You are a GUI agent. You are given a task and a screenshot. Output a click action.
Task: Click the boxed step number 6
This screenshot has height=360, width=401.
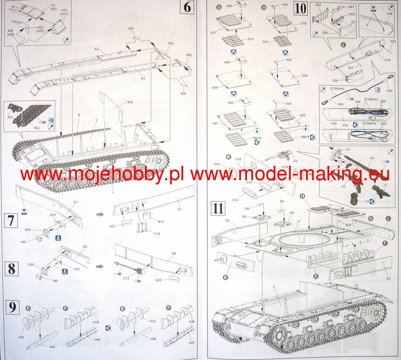(x=187, y=7)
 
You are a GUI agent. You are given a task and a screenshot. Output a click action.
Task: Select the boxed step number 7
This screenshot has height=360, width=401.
(x=11, y=221)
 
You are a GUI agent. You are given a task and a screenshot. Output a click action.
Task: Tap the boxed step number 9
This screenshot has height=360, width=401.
(x=12, y=307)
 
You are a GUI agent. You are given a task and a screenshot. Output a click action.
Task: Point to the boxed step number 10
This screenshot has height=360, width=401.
(x=300, y=8)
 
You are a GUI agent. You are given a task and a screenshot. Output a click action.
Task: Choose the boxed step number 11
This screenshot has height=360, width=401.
(x=218, y=208)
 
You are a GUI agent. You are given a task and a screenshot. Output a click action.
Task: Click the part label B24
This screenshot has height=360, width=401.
(x=130, y=102)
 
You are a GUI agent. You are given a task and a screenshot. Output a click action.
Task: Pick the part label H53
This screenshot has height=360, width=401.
(x=170, y=43)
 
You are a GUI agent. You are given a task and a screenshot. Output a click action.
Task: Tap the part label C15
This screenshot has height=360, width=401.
(x=157, y=234)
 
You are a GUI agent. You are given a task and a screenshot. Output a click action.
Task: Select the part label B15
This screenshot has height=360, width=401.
(x=161, y=221)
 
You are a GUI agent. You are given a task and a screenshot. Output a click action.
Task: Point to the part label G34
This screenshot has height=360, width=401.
(x=235, y=200)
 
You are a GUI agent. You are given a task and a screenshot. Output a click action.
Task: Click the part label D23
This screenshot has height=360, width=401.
(x=318, y=5)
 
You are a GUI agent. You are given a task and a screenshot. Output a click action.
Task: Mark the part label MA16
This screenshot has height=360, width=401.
(x=257, y=138)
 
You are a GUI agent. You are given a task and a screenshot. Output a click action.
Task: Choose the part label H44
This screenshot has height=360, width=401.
(x=52, y=347)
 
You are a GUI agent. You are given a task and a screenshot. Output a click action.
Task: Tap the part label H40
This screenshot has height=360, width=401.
(x=191, y=343)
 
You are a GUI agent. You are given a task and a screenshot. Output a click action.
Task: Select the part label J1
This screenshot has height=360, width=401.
(x=298, y=221)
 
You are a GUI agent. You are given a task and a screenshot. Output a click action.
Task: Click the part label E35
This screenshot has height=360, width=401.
(x=334, y=124)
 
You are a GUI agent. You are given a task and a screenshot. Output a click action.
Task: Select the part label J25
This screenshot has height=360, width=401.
(x=367, y=201)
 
